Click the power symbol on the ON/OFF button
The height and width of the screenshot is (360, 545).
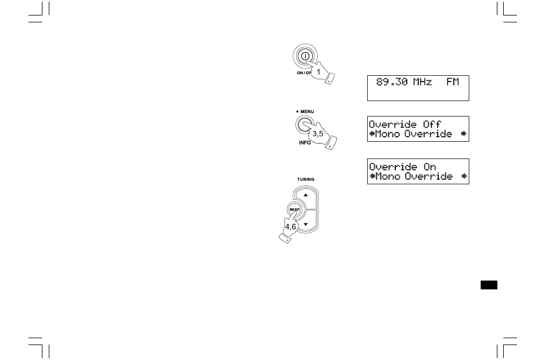pos(305,57)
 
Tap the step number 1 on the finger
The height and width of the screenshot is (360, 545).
pos(318,72)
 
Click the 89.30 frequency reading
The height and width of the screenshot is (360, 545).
pos(392,82)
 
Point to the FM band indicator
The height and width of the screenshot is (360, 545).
pos(453,82)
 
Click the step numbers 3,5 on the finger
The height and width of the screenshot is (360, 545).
pos(318,133)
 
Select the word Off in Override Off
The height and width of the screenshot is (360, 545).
pos(431,124)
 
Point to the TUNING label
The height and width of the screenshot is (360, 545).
pos(306,179)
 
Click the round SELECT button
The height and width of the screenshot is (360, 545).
pos(294,211)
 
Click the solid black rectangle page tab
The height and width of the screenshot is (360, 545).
pos(489,285)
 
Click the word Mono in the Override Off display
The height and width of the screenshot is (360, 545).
pos(388,134)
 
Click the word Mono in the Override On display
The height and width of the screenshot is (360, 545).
pos(388,177)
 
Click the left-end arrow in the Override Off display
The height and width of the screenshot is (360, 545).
pos(371,134)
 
